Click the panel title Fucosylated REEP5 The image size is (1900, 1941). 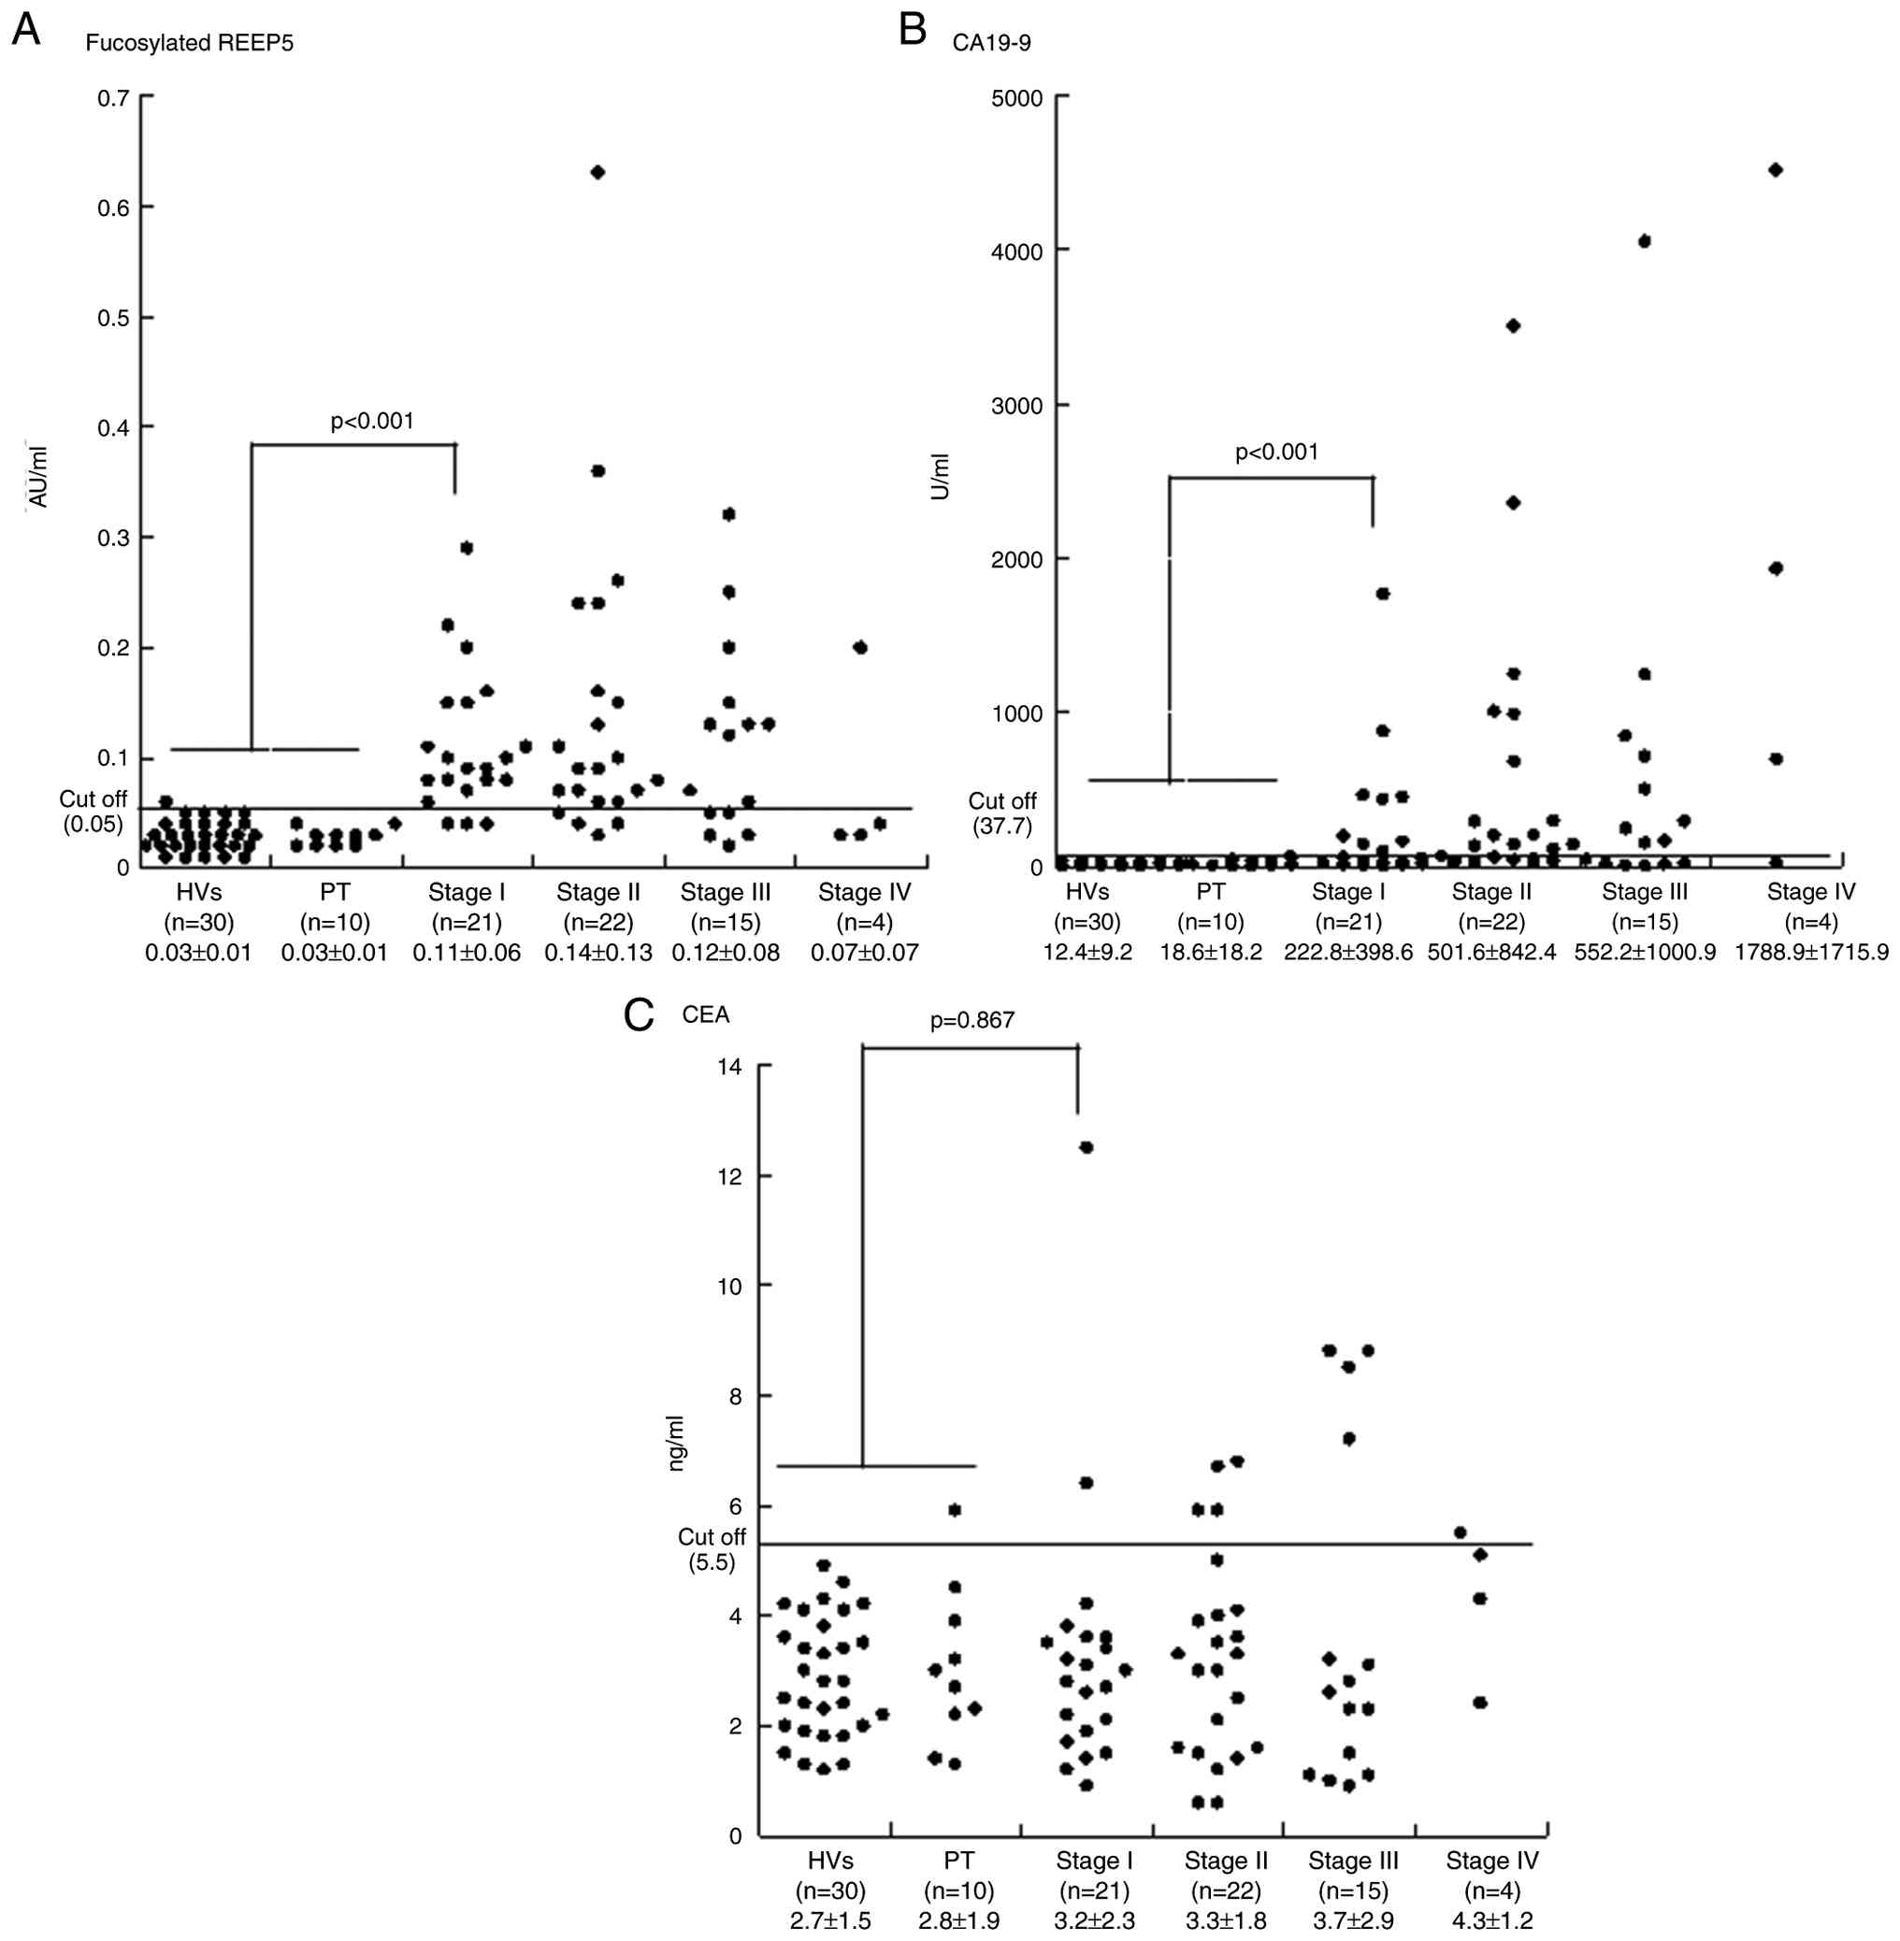[189, 44]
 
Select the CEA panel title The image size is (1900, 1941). [706, 1014]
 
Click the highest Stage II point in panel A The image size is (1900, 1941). [597, 173]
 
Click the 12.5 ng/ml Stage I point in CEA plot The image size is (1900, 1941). [1087, 1147]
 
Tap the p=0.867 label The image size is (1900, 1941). [972, 1020]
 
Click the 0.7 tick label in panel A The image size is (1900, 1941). [113, 98]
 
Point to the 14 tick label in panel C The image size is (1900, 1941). [728, 1067]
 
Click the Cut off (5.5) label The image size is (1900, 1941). [711, 1550]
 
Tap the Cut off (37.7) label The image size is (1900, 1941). [1001, 813]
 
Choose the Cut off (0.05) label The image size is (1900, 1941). [93, 812]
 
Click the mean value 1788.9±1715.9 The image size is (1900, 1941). [1810, 952]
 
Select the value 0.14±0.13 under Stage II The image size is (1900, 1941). [597, 952]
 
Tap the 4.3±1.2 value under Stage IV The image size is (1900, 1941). [1492, 1919]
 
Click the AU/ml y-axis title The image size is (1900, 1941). [39, 477]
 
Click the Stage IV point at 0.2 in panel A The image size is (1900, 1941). [860, 648]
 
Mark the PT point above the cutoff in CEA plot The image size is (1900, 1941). [954, 1510]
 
